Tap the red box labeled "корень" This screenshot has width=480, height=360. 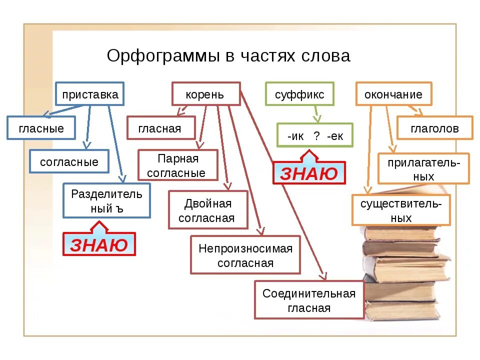point(205,94)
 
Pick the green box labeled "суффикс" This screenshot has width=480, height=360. point(299,94)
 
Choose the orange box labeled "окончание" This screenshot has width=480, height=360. point(393,94)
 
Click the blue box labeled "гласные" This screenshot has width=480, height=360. point(41,128)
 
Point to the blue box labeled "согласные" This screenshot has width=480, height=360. point(69,161)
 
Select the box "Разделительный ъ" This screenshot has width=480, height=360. point(106,200)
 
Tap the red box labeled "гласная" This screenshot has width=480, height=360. point(160,128)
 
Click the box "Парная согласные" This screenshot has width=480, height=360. point(178,165)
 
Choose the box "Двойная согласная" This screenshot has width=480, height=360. point(208,210)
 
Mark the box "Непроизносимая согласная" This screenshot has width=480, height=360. point(245,255)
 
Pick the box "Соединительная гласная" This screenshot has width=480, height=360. point(309,300)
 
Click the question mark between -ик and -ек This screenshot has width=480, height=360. point(316,135)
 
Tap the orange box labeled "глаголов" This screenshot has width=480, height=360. point(434,128)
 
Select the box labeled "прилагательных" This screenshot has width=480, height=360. point(423,168)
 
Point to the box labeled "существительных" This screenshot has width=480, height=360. point(401,210)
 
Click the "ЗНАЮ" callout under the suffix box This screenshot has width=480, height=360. point(309,173)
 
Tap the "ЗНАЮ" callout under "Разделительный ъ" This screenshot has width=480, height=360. point(99,244)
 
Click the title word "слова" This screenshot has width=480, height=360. point(325,56)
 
